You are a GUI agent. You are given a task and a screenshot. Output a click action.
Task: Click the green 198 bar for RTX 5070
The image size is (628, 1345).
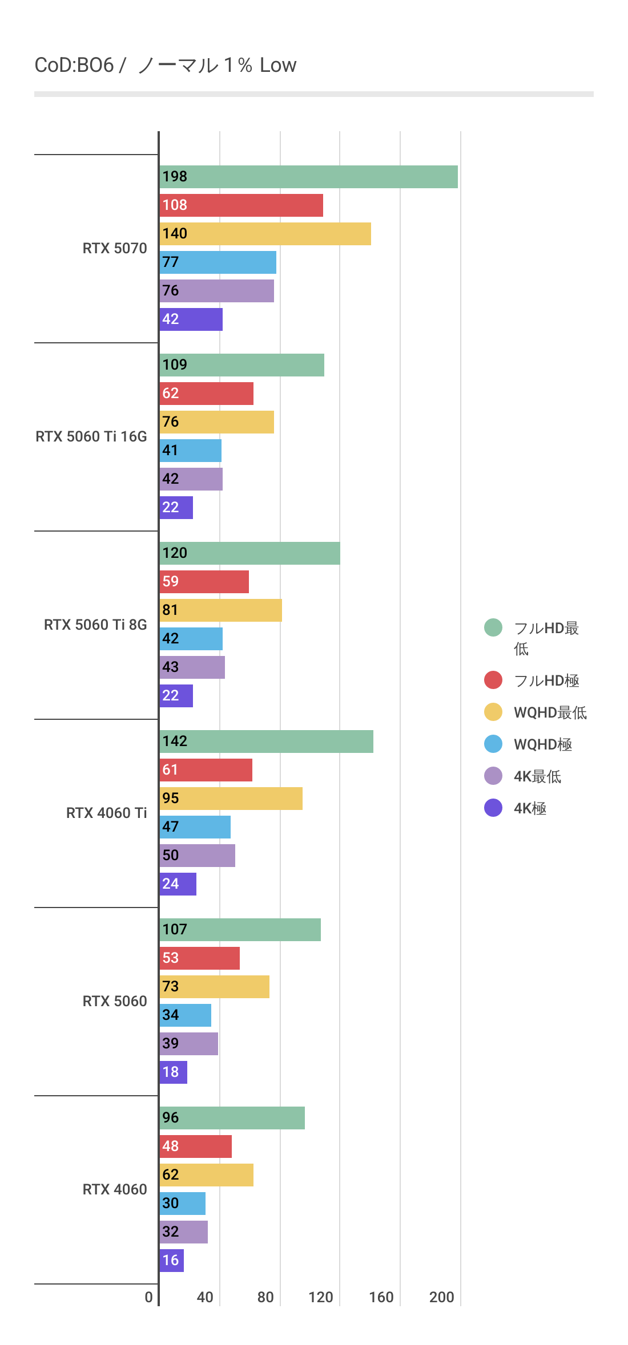tap(308, 177)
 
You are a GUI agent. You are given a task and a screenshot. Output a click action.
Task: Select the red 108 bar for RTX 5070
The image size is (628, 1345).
tap(241, 205)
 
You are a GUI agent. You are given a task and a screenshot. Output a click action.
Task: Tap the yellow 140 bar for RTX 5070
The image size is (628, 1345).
tap(265, 234)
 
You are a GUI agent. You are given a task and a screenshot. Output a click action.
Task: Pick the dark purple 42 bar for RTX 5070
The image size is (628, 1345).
tap(191, 319)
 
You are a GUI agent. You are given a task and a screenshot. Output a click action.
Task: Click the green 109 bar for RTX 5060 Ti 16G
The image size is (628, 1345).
tap(241, 365)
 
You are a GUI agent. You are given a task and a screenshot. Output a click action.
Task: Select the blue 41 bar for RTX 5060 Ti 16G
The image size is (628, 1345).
tap(190, 451)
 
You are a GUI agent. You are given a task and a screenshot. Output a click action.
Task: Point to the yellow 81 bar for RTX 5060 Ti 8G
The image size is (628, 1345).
tap(220, 610)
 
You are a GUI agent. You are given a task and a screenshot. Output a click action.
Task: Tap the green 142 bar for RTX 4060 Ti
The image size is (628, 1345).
tap(266, 742)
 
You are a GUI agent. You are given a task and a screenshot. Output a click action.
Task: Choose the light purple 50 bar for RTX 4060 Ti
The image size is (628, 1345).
tap(197, 856)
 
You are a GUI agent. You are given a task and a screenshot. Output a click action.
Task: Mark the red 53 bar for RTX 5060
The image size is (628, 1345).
tap(199, 958)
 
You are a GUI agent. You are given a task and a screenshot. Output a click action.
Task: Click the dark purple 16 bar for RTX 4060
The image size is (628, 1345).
tap(171, 1261)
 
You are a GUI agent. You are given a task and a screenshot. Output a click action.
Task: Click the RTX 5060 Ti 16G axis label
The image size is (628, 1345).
tap(91, 436)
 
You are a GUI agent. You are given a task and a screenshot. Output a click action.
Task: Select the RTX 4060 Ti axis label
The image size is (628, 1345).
tap(106, 813)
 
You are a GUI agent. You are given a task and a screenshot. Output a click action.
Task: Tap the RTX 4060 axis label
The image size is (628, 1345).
tap(115, 1189)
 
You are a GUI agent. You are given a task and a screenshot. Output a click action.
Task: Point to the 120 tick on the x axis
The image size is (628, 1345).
tap(321, 1298)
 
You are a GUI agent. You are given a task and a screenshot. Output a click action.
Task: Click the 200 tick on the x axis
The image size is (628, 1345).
tap(442, 1298)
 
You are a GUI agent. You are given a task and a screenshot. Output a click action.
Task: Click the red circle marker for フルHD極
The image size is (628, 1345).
tap(493, 680)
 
